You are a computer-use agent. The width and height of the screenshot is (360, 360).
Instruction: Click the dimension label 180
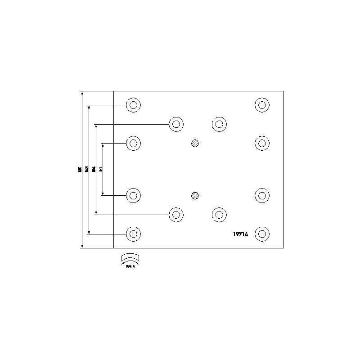[x=80, y=170]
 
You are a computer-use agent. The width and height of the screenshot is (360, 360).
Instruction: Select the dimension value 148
[x=87, y=170]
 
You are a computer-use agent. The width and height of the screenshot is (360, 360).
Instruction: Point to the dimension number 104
[x=94, y=170]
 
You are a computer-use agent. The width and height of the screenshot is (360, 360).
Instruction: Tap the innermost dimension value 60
[x=101, y=170]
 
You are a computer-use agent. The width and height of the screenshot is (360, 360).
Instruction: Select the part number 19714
[x=241, y=234]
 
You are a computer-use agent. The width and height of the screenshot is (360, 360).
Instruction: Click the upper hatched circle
[x=195, y=143]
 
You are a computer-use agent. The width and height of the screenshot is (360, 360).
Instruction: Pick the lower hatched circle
[x=195, y=195]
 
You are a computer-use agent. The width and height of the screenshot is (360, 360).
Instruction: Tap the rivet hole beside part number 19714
[x=262, y=234]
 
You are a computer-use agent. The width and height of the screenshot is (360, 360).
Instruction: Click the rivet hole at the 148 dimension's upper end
[x=133, y=105]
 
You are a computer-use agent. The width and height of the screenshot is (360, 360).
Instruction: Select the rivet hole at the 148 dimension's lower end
[x=133, y=234]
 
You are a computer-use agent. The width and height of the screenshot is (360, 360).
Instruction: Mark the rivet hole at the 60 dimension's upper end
[x=133, y=144]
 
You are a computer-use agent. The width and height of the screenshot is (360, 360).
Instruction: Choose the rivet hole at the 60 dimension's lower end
[x=133, y=195]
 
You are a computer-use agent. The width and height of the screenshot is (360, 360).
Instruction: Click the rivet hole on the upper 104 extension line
[x=176, y=124]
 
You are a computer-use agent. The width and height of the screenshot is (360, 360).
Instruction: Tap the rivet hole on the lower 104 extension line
[x=176, y=215]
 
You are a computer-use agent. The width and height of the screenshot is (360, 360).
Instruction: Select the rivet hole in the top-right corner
[x=262, y=105]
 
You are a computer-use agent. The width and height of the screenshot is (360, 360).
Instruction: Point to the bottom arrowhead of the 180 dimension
[x=82, y=246]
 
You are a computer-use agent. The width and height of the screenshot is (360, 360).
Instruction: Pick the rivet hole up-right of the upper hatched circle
[x=219, y=124]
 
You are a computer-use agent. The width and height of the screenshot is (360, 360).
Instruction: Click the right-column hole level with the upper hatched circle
[x=262, y=144]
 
